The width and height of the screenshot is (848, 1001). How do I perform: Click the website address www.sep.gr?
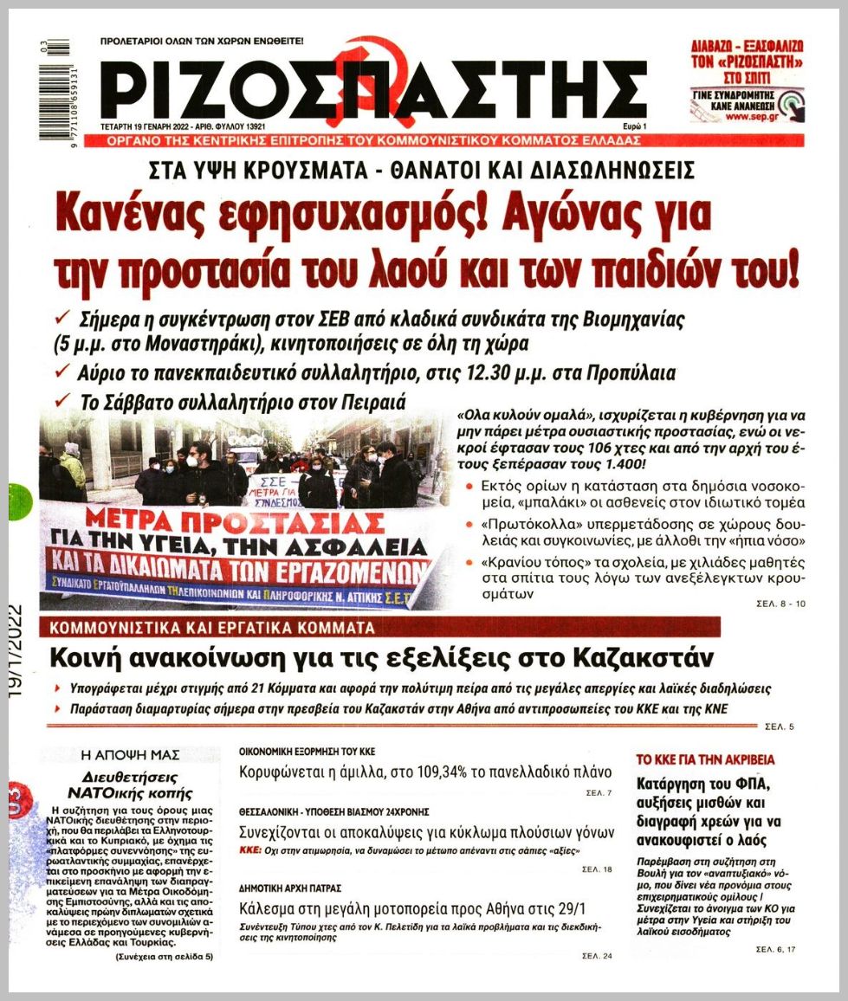click(750, 116)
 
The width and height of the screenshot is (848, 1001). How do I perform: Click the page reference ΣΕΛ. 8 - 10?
click(775, 604)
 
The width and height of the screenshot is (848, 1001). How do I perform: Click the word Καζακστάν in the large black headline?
click(628, 658)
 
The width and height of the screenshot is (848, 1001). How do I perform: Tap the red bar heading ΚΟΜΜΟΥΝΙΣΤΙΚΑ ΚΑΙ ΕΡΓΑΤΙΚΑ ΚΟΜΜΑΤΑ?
click(213, 628)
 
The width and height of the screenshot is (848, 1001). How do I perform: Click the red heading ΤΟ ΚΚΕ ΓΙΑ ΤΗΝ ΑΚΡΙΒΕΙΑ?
click(706, 759)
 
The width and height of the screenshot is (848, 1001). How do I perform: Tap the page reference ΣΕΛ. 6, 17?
click(775, 950)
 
